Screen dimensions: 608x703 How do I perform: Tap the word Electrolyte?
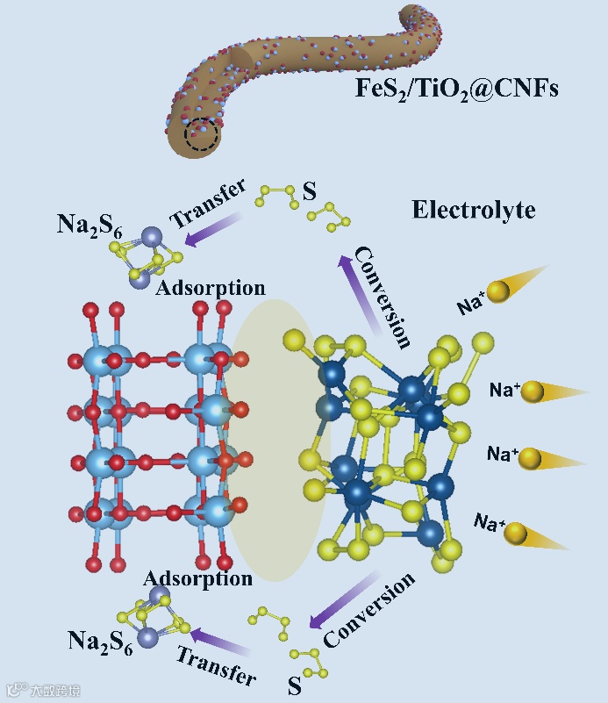(474, 211)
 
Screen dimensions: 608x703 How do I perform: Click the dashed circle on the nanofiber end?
(204, 134)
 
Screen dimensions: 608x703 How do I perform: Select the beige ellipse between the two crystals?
(276, 440)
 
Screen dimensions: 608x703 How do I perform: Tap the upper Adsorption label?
(211, 287)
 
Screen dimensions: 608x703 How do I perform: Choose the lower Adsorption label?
(197, 578)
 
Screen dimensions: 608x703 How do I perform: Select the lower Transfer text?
(216, 665)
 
